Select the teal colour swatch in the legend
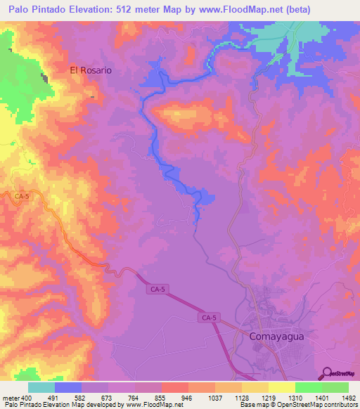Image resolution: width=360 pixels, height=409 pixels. coord(41,387)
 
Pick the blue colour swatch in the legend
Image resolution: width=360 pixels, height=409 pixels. coord(68,387)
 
